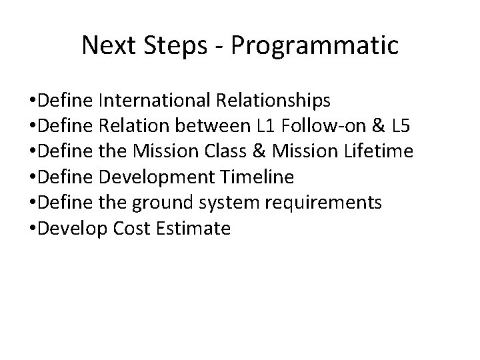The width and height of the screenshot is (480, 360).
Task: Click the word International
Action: click(155, 101)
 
